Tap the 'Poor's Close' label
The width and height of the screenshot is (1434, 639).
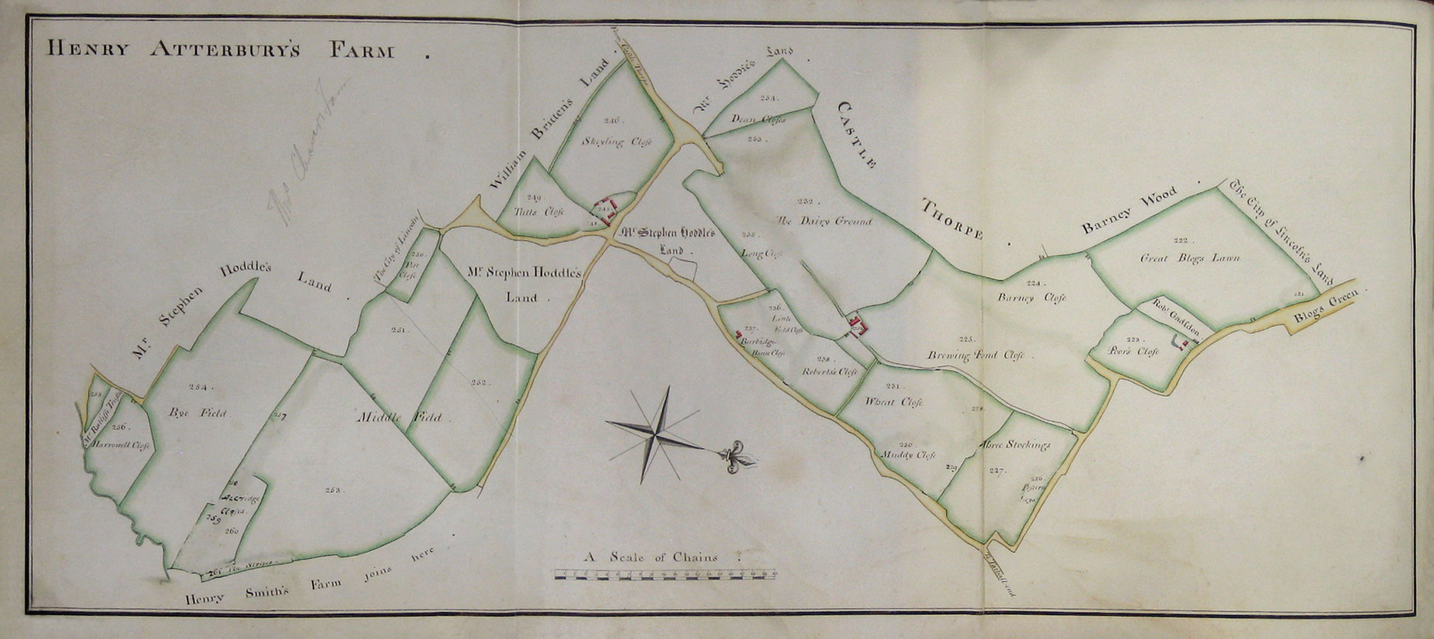click(x=1133, y=352)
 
